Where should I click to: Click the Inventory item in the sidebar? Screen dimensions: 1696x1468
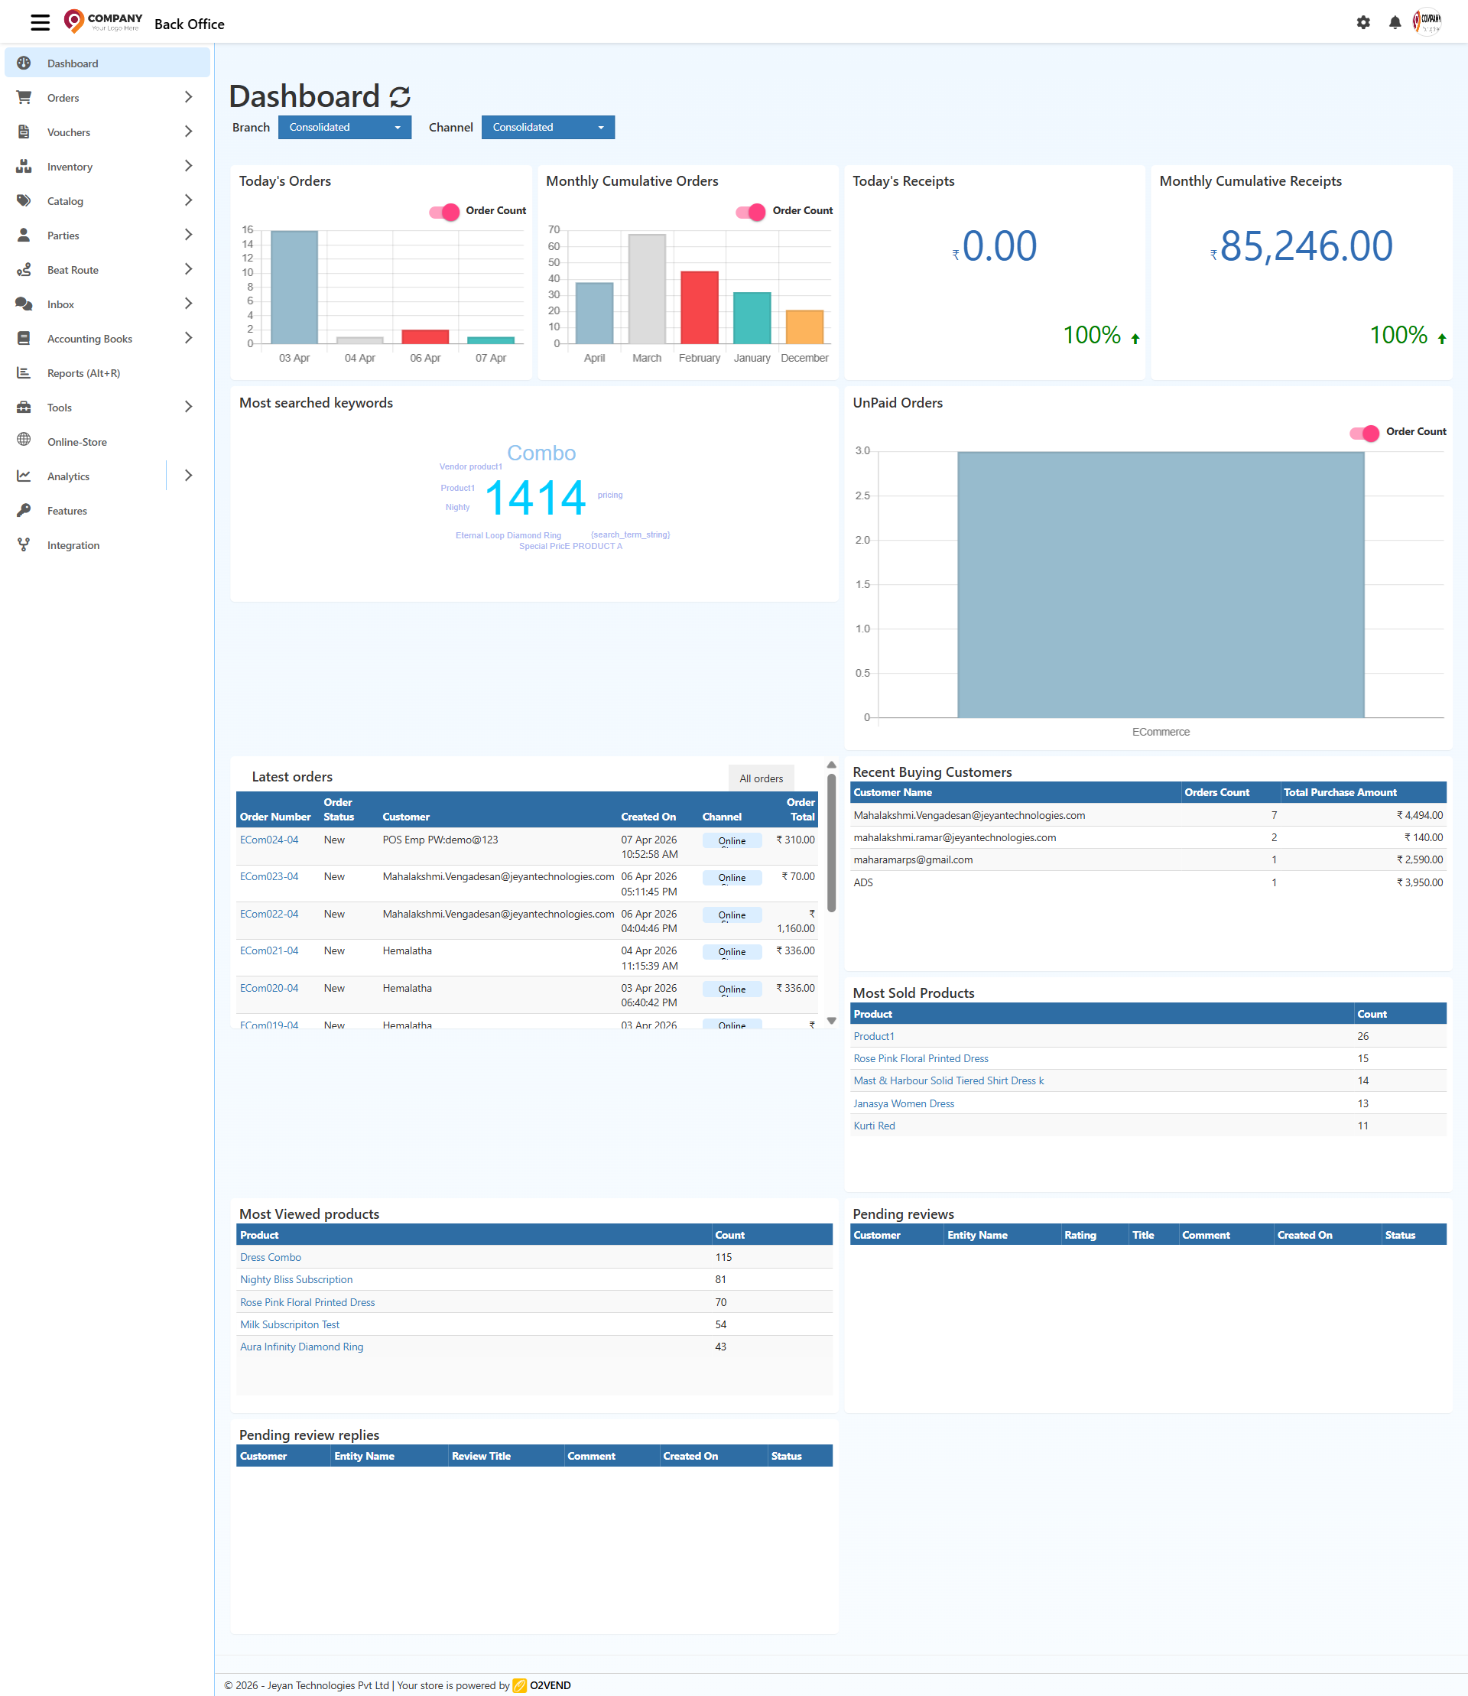pyautogui.click(x=70, y=167)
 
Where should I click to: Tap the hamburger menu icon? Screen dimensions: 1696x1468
pyautogui.click(x=40, y=23)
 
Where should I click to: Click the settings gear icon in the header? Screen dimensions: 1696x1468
pyautogui.click(x=1363, y=23)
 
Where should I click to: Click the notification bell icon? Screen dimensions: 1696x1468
pyautogui.click(x=1395, y=23)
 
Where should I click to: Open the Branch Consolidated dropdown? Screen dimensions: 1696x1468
pyautogui.click(x=344, y=127)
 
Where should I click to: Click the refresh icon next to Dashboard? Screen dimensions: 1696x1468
pyautogui.click(x=400, y=96)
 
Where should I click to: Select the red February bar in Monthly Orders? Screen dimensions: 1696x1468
pyautogui.click(x=699, y=307)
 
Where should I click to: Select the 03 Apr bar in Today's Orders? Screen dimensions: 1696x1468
pyautogui.click(x=294, y=287)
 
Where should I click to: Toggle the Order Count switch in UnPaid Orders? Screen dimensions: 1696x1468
pyautogui.click(x=1365, y=433)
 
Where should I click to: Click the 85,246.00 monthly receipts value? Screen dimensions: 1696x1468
pyautogui.click(x=1306, y=245)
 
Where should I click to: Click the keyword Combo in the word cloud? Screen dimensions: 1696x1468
pyautogui.click(x=541, y=453)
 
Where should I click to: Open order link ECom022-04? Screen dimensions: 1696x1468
pyautogui.click(x=268, y=914)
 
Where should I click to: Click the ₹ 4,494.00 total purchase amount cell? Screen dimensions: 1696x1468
pyautogui.click(x=1419, y=815)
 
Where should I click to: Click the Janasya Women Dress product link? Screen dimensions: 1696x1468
pyautogui.click(x=904, y=1103)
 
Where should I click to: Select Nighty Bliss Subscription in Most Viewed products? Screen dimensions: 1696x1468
pyautogui.click(x=296, y=1279)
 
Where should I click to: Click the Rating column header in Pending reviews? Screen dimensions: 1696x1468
pyautogui.click(x=1080, y=1235)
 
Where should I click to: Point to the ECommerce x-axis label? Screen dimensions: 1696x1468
pyautogui.click(x=1160, y=732)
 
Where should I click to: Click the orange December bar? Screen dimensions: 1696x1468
pyautogui.click(x=804, y=327)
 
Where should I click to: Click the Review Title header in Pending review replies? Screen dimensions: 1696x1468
pyautogui.click(x=481, y=1456)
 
